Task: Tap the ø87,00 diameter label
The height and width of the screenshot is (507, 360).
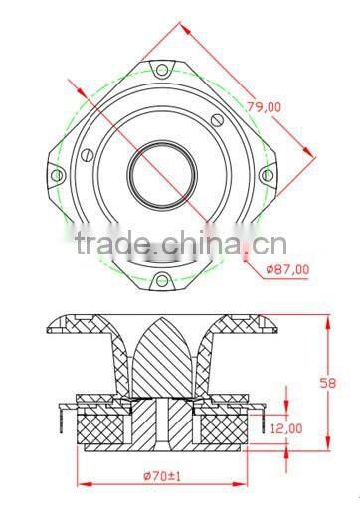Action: pos(287,268)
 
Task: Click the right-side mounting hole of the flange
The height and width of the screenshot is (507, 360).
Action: pos(266,175)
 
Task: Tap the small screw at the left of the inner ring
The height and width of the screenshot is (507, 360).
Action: pos(87,154)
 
